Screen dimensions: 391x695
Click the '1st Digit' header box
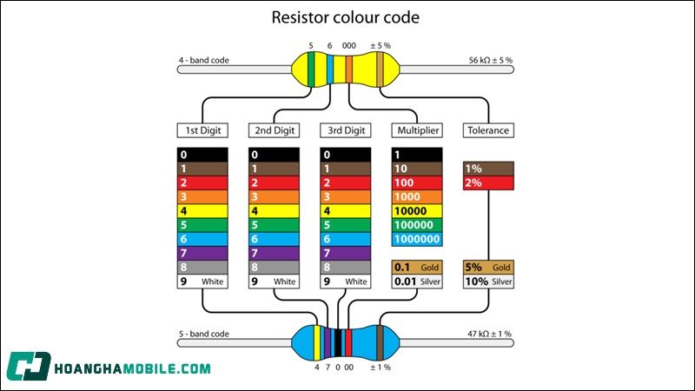tap(202, 130)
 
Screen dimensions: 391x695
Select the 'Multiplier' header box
tap(416, 130)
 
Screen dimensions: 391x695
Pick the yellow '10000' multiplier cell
tap(417, 210)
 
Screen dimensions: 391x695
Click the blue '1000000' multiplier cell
tap(417, 239)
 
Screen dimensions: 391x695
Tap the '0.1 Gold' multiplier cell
tap(417, 268)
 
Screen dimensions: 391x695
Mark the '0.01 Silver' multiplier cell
tap(417, 282)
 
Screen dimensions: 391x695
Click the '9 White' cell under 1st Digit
tap(202, 282)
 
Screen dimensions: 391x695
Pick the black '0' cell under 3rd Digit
tap(345, 155)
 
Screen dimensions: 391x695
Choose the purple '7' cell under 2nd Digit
tap(274, 253)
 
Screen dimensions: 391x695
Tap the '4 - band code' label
tap(204, 61)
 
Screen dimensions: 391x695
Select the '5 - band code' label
tap(204, 334)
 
